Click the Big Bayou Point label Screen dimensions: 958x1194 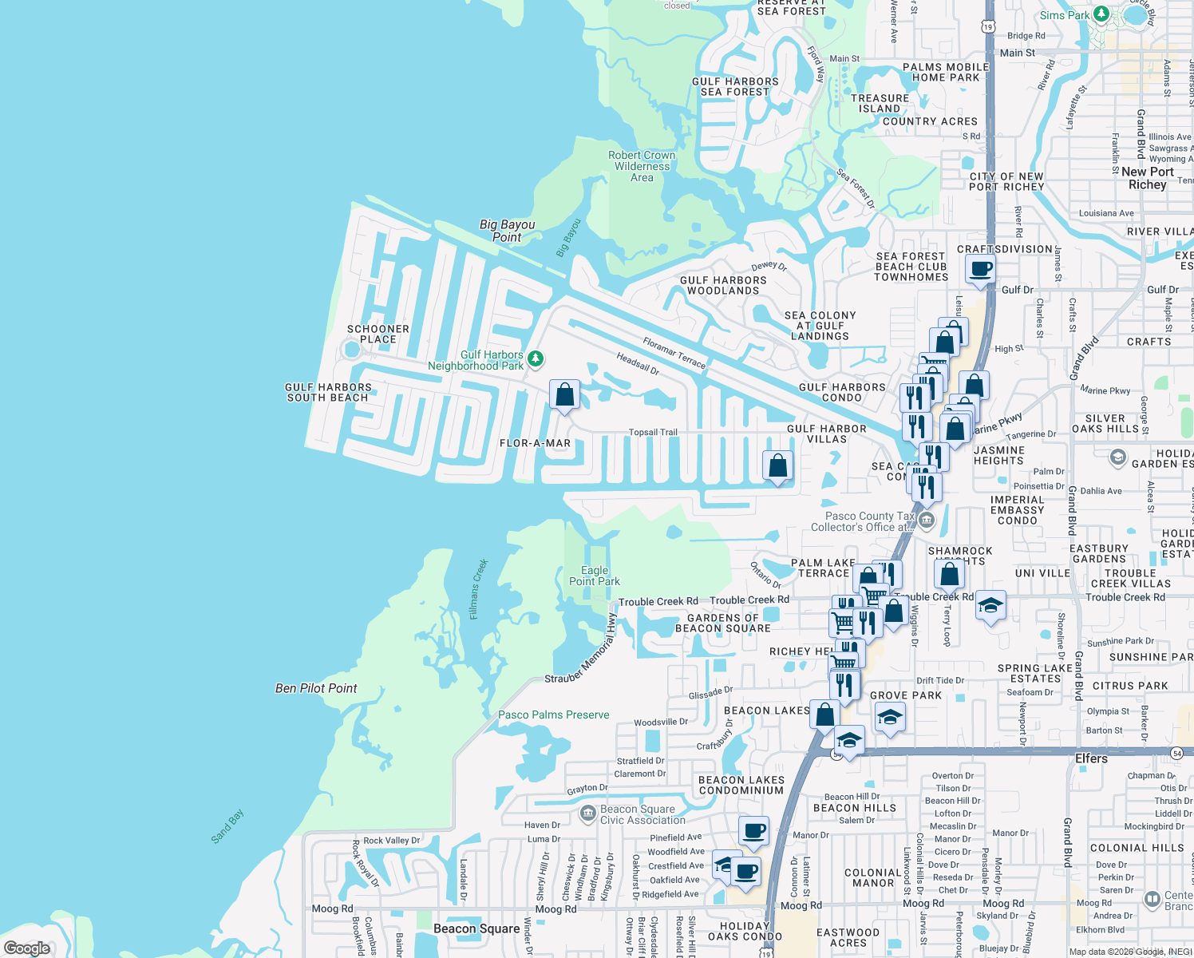point(507,231)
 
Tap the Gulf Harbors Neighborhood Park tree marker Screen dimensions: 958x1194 point(536,359)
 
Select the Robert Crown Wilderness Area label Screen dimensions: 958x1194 point(642,166)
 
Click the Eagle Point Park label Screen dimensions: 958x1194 point(594,576)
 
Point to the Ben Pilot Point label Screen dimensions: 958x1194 point(316,688)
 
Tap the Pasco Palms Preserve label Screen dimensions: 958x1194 point(553,715)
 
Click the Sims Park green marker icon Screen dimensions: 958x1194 point(1101,14)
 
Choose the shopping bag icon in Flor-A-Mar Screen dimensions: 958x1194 point(564,394)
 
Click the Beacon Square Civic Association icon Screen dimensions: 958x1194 point(588,814)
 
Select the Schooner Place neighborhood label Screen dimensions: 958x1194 point(378,334)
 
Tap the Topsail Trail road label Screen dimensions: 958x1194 point(653,433)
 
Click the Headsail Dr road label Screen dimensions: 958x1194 point(638,364)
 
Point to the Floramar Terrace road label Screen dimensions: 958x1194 point(674,353)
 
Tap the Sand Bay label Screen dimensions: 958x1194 point(227,826)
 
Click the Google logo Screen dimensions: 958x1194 point(26,948)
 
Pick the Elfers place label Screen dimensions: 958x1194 point(1091,758)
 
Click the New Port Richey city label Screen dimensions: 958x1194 point(1148,178)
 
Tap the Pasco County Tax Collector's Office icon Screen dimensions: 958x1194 point(926,521)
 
